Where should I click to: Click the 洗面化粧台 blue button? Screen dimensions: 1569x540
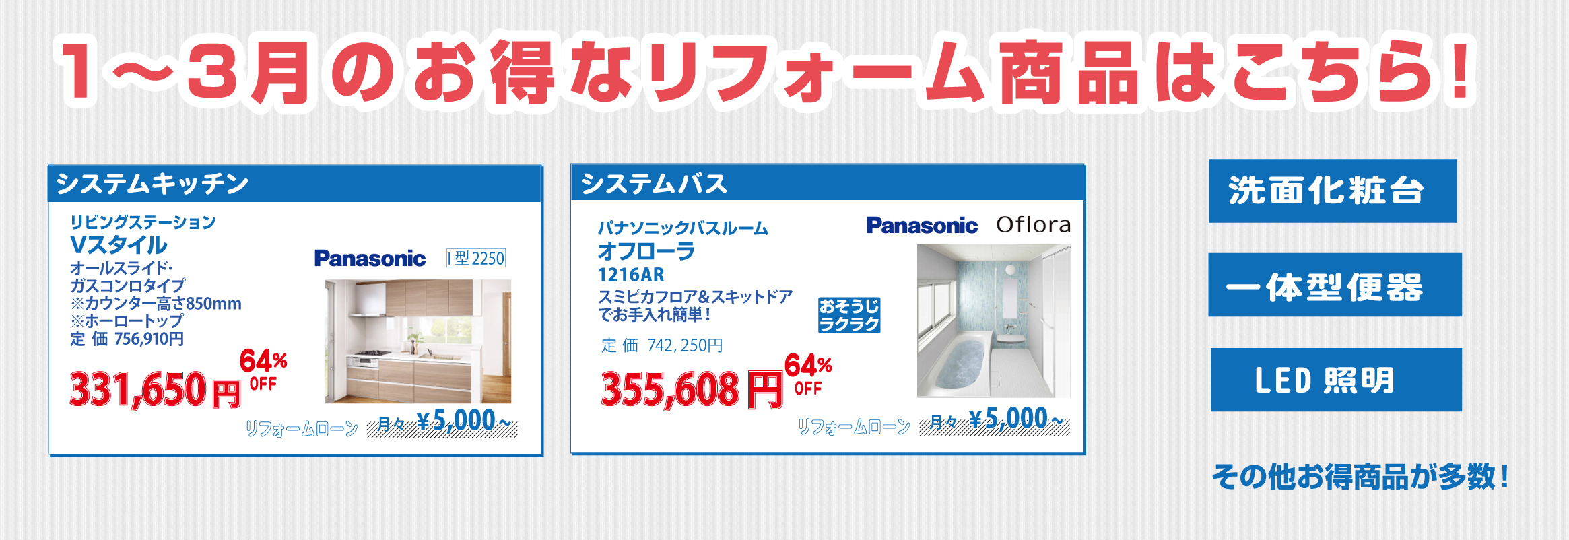[x=1333, y=191]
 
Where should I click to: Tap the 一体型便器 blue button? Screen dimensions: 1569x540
[x=1335, y=285]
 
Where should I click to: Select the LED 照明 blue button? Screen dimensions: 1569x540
[x=1336, y=380]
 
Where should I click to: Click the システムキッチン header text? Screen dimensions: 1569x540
[x=152, y=184]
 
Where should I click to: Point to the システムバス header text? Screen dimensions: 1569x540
[x=654, y=184]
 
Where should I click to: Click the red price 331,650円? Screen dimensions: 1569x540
[x=156, y=389]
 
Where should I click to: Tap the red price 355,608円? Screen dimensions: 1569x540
[x=692, y=389]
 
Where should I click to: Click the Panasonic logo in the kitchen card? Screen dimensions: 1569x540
[x=370, y=258]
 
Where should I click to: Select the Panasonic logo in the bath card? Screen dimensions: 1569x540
[x=922, y=226]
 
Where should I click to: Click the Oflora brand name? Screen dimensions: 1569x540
[x=1034, y=224]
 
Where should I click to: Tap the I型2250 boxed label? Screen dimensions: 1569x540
[x=476, y=258]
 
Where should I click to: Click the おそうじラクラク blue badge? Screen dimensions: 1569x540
[x=849, y=315]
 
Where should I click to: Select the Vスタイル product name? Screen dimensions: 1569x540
[x=119, y=244]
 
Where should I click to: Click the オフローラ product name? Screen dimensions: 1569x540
[x=646, y=251]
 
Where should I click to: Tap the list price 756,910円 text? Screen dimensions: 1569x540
[x=127, y=339]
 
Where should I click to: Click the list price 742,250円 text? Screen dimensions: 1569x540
[x=662, y=345]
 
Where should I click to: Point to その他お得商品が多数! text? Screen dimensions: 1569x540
[x=1360, y=477]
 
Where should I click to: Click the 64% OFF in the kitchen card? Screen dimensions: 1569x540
[x=263, y=369]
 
